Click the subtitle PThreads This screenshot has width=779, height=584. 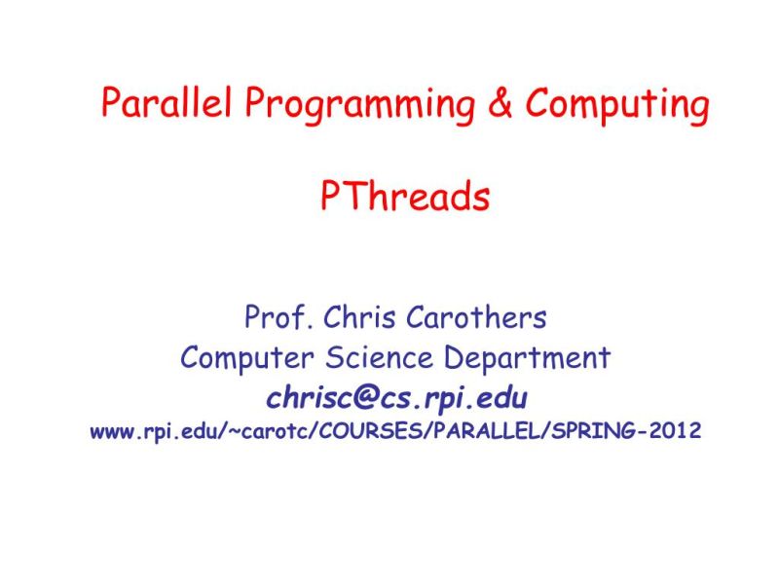pyautogui.click(x=404, y=198)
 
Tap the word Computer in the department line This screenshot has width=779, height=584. pyautogui.click(x=241, y=358)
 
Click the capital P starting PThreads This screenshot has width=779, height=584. pyautogui.click(x=330, y=198)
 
